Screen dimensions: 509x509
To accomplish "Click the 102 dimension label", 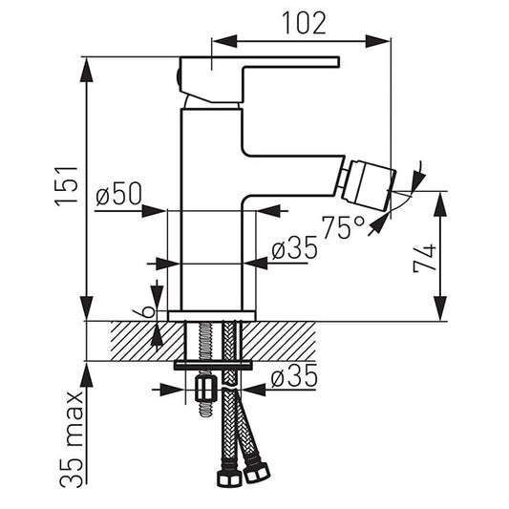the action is coord(305,23).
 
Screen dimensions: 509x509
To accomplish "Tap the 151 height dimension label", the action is coord(67,186).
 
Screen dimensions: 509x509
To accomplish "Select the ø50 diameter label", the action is coord(119,194).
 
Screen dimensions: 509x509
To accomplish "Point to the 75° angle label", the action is coord(343,227).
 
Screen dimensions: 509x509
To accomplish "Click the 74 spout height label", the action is coord(424,259).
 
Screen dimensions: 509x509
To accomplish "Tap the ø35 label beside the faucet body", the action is coord(294,247).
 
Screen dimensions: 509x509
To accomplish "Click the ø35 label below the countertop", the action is coord(294,376).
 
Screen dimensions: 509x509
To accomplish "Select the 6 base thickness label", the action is coord(143,311).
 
